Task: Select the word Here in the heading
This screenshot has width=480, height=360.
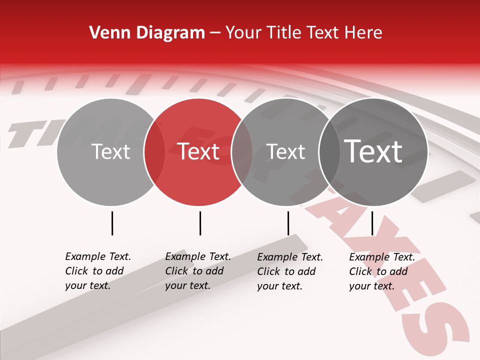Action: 364,33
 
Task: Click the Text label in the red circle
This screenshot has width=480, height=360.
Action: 198,151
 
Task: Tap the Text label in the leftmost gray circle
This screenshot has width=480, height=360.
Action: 110,151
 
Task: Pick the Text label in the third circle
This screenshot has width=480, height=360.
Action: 285,151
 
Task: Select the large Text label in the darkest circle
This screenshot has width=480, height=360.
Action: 373,151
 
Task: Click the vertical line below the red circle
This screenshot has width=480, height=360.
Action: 200,223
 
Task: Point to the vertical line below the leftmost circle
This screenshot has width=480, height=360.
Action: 112,223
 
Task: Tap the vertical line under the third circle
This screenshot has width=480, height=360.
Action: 288,223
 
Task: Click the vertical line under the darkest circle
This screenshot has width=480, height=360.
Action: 372,223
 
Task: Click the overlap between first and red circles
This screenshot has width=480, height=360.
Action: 154,151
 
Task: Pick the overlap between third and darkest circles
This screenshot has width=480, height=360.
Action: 328,151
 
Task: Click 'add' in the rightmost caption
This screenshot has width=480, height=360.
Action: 398,271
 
